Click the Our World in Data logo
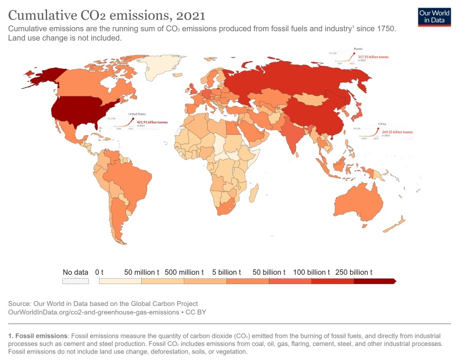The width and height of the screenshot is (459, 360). click(434, 16)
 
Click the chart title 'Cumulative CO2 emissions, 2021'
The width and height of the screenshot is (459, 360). click(107, 14)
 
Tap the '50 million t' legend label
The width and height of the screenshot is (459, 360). click(141, 272)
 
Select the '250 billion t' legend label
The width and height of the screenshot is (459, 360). click(354, 272)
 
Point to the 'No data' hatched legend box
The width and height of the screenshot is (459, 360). click(75, 281)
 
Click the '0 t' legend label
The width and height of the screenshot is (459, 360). click(99, 272)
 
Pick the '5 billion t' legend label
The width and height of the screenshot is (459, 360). click(226, 272)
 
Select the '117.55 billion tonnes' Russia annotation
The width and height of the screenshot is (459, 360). click(371, 57)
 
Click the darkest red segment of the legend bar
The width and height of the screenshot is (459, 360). click(374, 281)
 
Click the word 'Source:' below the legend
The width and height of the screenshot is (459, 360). click(20, 304)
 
